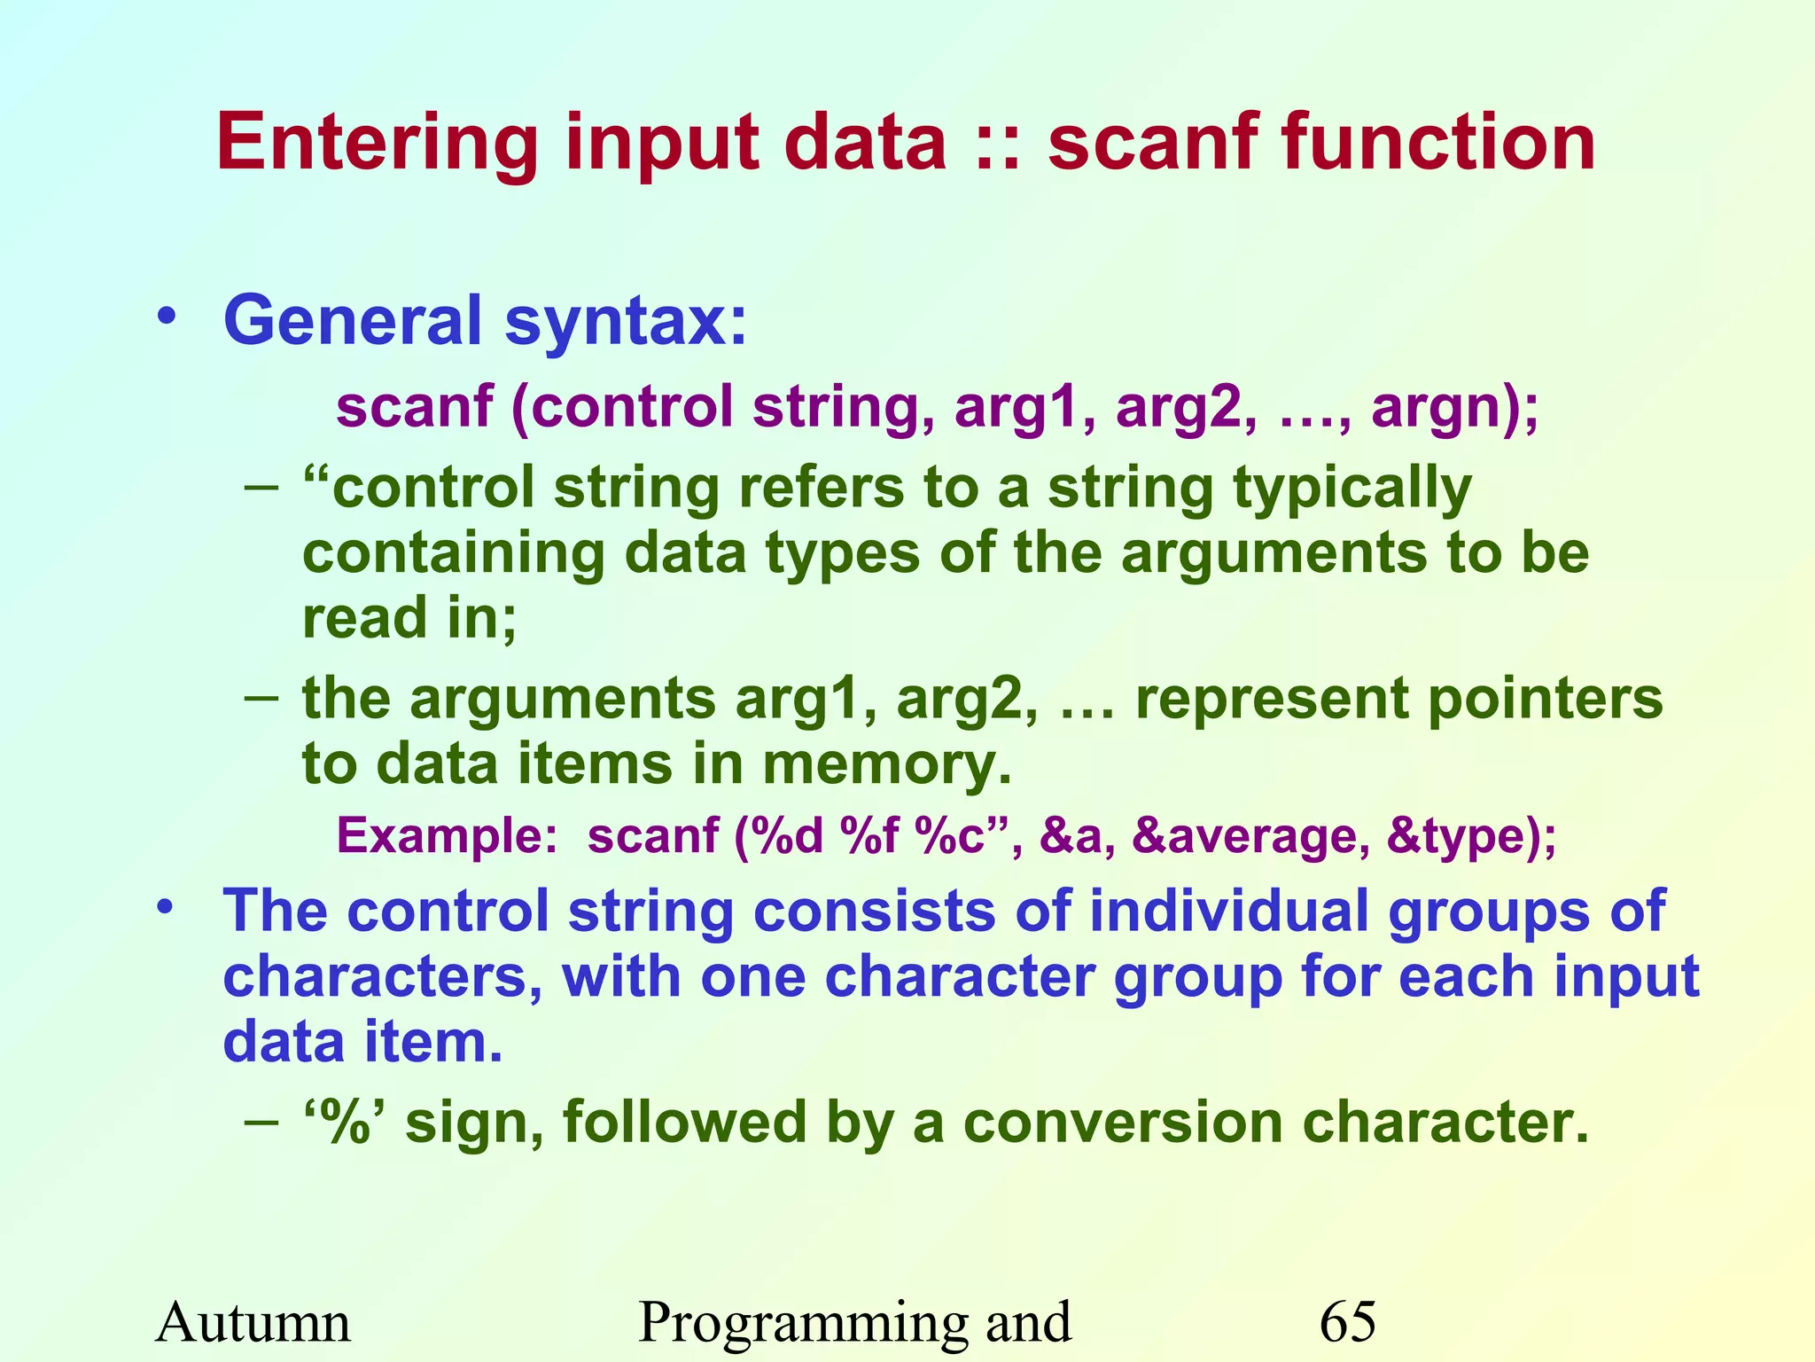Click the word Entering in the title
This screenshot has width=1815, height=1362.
pyautogui.click(x=378, y=144)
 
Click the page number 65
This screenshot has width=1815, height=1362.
pyautogui.click(x=1347, y=1323)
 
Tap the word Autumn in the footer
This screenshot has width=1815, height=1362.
pyautogui.click(x=253, y=1323)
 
